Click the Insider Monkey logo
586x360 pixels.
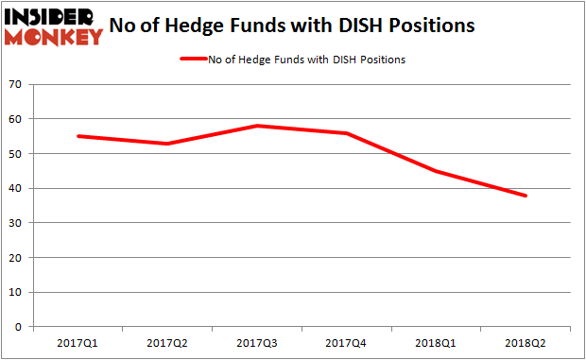(54, 26)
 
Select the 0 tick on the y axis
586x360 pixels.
(19, 327)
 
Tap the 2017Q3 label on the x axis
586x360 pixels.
(256, 344)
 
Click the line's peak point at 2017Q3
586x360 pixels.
(256, 126)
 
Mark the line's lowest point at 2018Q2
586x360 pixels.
(526, 196)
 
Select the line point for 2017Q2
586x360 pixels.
(166, 144)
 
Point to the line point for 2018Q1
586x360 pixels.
(436, 171)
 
